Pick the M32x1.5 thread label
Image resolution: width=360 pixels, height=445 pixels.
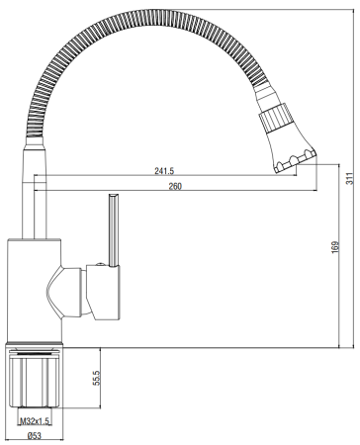coord(39,421)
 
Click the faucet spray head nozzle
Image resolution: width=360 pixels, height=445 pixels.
coord(288,139)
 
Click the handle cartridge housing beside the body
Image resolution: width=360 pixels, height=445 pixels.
coord(103,293)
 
